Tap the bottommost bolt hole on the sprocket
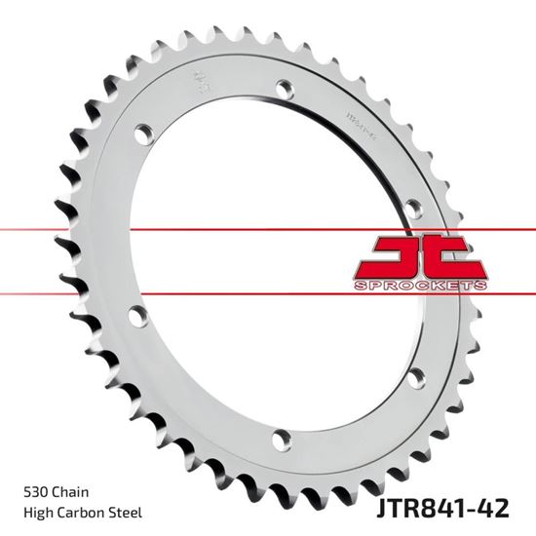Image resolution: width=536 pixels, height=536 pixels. click(283, 438)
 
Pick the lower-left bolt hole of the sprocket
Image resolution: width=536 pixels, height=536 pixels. click(137, 315)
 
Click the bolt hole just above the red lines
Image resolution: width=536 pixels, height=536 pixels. click(413, 207)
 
